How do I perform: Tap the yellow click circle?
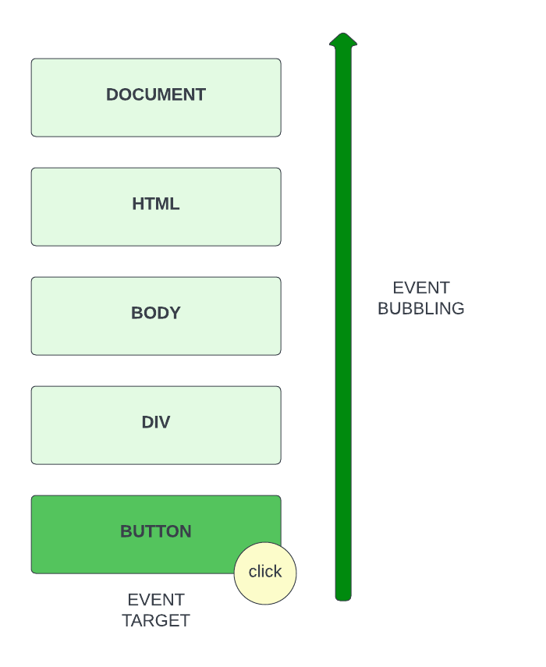pos(265,573)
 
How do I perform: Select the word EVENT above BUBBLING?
pos(421,287)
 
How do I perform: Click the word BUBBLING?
pos(421,308)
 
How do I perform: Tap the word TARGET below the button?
pos(156,621)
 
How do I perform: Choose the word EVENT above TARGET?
pos(156,600)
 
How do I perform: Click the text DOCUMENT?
pos(156,94)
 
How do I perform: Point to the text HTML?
pos(156,204)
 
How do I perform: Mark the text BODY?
pos(156,313)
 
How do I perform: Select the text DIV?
pos(156,422)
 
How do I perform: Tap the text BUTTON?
pos(156,531)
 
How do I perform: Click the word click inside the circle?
pos(265,572)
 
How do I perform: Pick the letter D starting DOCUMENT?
pos(112,94)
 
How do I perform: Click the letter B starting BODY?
pos(136,313)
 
